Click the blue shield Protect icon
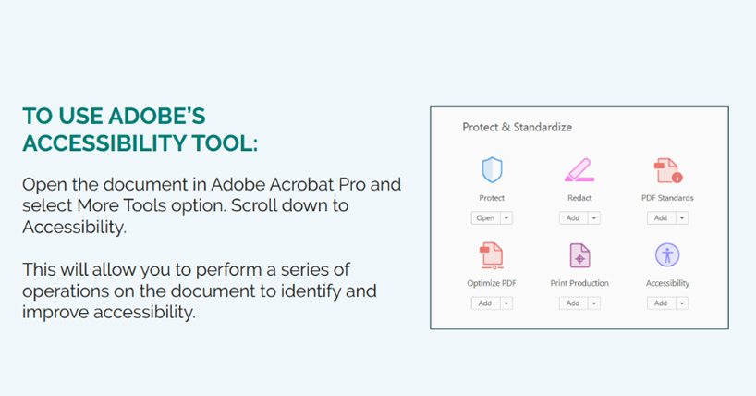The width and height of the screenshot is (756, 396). [492, 169]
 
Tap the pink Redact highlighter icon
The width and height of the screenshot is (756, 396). [579, 170]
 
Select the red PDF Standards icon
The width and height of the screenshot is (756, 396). [668, 170]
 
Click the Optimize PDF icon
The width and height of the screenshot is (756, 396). [492, 255]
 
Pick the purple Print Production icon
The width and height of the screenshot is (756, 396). [579, 255]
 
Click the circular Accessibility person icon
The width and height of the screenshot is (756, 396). [667, 254]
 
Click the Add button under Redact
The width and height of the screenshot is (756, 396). [573, 217]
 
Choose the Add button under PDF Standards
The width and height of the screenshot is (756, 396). [661, 217]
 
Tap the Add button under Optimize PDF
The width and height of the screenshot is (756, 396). [485, 303]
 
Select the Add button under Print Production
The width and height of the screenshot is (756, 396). [573, 303]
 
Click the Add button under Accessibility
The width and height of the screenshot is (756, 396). [661, 303]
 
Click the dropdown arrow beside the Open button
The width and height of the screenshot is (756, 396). [506, 218]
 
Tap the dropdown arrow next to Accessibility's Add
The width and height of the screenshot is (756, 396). [682, 303]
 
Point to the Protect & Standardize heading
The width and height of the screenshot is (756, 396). [517, 127]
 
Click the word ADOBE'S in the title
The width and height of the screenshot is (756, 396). [157, 116]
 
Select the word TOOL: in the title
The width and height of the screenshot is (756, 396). [225, 142]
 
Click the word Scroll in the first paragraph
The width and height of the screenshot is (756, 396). [253, 205]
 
